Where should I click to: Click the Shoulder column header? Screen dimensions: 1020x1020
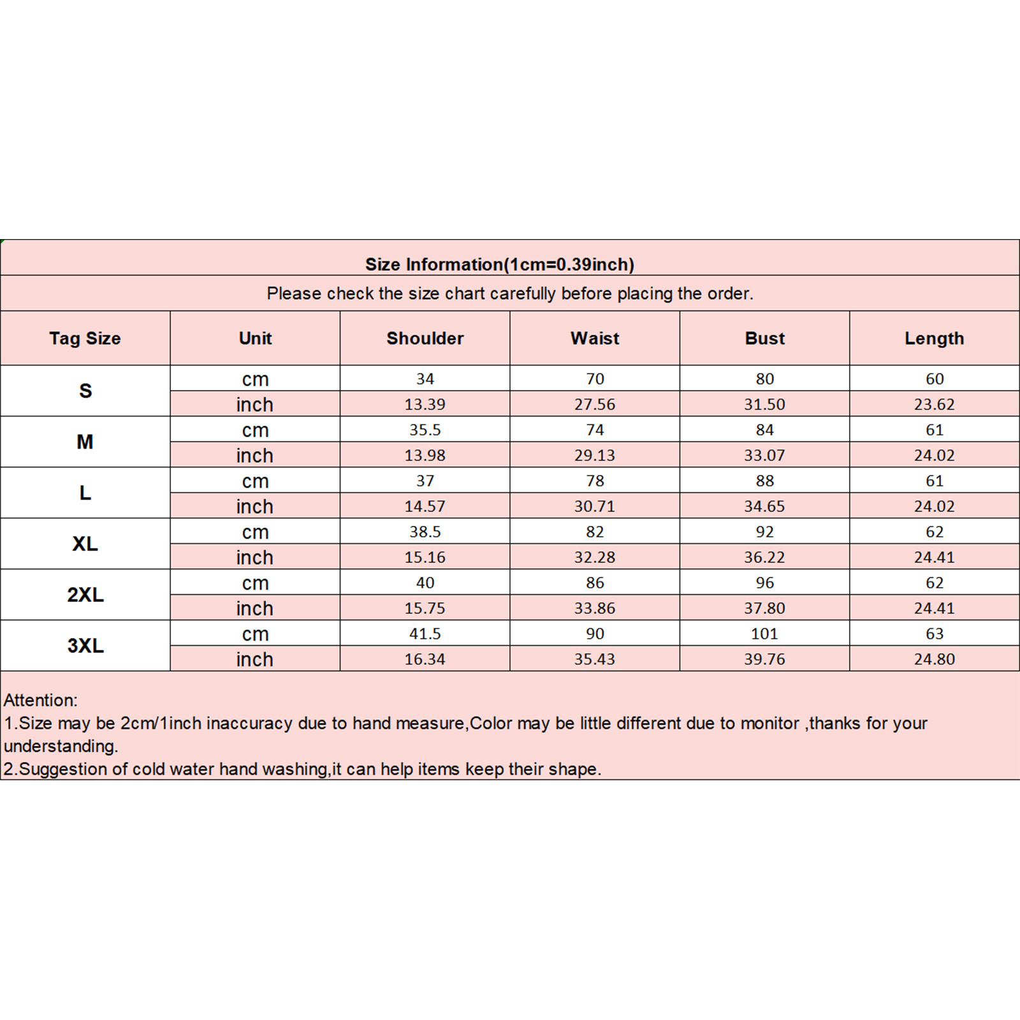pos(425,339)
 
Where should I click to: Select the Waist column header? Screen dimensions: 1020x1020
pos(595,339)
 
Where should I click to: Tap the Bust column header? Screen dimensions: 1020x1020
pos(764,339)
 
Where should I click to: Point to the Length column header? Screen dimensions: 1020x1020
pos(934,339)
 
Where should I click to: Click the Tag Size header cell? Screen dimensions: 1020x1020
pos(85,339)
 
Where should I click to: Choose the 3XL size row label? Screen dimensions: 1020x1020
pos(85,646)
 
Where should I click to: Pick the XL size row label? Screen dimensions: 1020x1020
pos(85,544)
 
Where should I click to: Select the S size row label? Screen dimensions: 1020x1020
pos(85,391)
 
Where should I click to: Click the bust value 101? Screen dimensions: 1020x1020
pos(764,634)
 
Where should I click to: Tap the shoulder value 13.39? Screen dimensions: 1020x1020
pos(425,404)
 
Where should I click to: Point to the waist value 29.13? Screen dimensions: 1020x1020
pos(595,455)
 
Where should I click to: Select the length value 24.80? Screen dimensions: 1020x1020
pos(934,659)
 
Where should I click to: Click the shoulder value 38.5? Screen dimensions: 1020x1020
pos(425,532)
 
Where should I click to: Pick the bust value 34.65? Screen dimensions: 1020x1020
pos(764,506)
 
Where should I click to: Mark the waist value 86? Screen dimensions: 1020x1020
pos(595,583)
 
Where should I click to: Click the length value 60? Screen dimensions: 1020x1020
pos(934,379)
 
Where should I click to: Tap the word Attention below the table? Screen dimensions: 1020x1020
pos(40,700)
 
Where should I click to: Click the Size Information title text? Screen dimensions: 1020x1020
pos(499,265)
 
